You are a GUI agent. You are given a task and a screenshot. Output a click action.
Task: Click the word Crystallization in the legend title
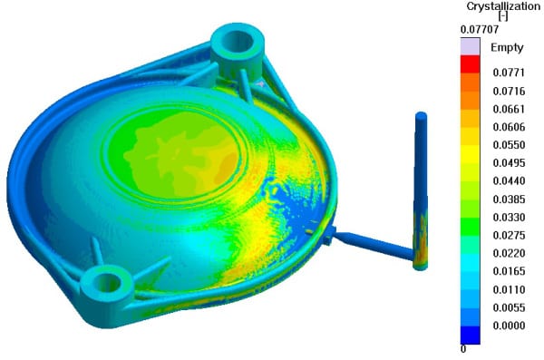point(503,6)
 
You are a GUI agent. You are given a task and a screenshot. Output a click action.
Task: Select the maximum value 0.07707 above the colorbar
point(480,30)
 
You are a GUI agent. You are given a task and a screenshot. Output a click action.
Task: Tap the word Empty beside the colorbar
point(507,47)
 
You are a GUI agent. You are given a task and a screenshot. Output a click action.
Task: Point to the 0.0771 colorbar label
point(509,73)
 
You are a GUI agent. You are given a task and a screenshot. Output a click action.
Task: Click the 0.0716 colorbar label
point(509,91)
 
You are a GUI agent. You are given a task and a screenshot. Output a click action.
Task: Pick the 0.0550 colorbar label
point(509,145)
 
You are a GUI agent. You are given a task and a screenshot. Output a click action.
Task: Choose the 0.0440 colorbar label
point(509,180)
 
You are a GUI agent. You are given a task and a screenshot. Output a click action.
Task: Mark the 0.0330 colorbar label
point(509,218)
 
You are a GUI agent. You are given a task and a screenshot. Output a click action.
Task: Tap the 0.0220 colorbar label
point(509,253)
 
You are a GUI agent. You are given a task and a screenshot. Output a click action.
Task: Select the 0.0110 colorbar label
point(509,289)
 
